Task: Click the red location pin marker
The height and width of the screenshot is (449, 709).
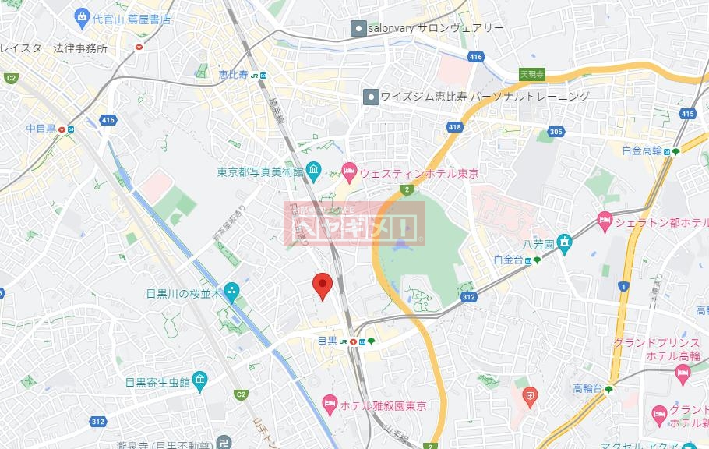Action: pos(322,286)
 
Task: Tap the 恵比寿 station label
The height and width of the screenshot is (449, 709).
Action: pos(233,75)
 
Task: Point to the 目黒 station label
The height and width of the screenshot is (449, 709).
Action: pos(327,341)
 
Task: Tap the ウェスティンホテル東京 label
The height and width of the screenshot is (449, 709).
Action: pos(418,172)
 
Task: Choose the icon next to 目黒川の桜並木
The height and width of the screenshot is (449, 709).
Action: pos(232,293)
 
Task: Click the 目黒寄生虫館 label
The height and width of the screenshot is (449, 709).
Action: pos(157,382)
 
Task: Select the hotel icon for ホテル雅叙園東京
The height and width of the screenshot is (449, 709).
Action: pos(329,404)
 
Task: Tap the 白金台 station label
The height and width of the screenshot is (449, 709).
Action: pos(510,260)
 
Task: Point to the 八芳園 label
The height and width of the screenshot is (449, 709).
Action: pos(538,245)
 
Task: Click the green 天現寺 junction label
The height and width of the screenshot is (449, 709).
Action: pos(531,74)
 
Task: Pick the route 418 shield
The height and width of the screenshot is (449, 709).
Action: pos(454,126)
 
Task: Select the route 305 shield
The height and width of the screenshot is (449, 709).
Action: pos(555,132)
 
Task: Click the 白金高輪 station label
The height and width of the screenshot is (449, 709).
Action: pos(642,150)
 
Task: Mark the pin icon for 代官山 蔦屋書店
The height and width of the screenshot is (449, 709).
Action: pos(82,16)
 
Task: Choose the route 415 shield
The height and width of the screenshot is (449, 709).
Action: pos(686,114)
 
